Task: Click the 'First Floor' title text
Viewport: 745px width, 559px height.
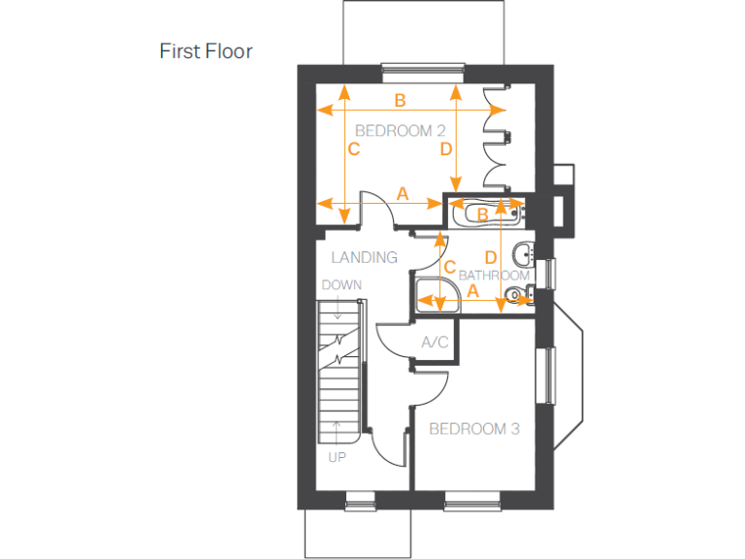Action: pyautogui.click(x=206, y=51)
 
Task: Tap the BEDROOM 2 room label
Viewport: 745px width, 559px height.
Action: pyautogui.click(x=400, y=130)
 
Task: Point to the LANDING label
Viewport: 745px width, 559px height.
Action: pyautogui.click(x=364, y=257)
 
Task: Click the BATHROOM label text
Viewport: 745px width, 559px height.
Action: pyautogui.click(x=494, y=276)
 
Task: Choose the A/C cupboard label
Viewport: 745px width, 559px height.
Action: pyautogui.click(x=435, y=343)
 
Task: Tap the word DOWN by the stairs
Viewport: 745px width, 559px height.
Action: pyautogui.click(x=341, y=285)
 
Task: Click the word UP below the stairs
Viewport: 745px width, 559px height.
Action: pyautogui.click(x=337, y=456)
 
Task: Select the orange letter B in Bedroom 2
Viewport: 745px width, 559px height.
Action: pyautogui.click(x=400, y=100)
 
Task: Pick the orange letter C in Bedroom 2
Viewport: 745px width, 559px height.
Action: pyautogui.click(x=354, y=149)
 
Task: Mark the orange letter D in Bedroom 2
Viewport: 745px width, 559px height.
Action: pyautogui.click(x=445, y=149)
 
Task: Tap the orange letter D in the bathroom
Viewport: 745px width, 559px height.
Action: pyautogui.click(x=490, y=257)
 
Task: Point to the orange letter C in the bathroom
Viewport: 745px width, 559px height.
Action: pyautogui.click(x=449, y=267)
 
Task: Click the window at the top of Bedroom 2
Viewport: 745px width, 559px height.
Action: pyautogui.click(x=422, y=68)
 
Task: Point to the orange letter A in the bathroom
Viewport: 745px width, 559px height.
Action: pyautogui.click(x=473, y=290)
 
